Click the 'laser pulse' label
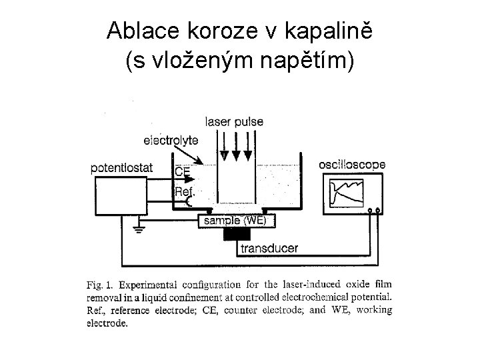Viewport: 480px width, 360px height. tap(234, 122)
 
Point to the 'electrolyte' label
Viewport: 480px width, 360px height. tap(171, 140)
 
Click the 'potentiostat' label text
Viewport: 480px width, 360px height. tap(121, 168)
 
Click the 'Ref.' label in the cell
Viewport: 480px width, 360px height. tap(184, 192)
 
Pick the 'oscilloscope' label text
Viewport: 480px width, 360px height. tap(351, 164)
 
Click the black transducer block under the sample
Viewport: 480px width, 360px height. tap(237, 235)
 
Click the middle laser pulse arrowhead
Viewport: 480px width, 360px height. tap(236, 155)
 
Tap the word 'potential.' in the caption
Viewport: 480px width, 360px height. tap(370, 297)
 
